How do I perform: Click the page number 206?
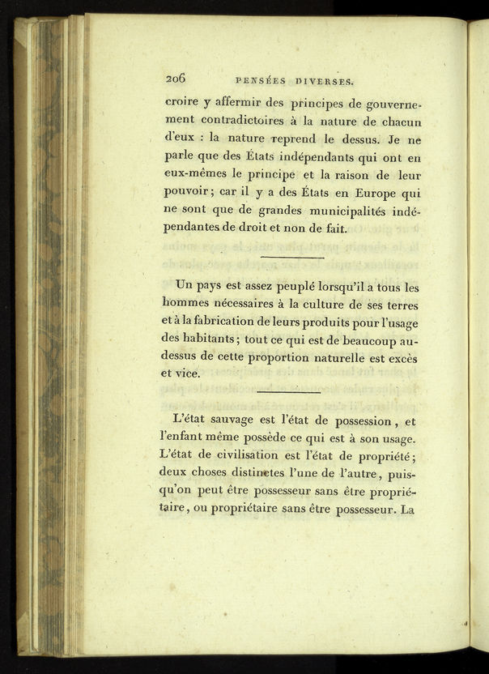coord(176,79)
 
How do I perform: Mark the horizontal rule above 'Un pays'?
coord(293,258)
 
